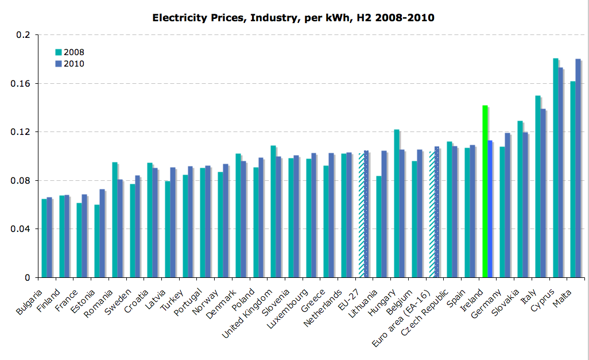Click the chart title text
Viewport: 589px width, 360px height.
[293, 18]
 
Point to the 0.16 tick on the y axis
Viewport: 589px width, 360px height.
[21, 83]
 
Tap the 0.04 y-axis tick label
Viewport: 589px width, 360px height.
[21, 229]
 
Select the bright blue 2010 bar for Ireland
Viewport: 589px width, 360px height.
[490, 209]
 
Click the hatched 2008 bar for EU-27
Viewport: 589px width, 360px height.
[361, 215]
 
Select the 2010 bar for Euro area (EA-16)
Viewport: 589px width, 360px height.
[437, 212]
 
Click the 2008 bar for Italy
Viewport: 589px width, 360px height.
[538, 187]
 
